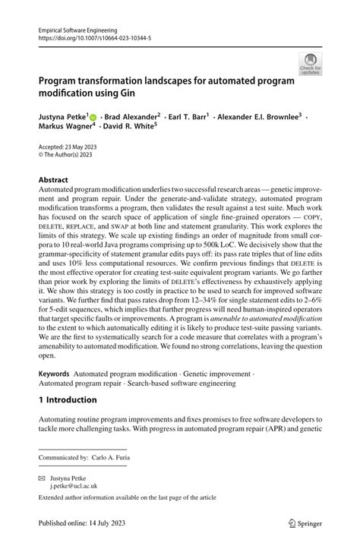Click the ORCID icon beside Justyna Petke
(x=93, y=118)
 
